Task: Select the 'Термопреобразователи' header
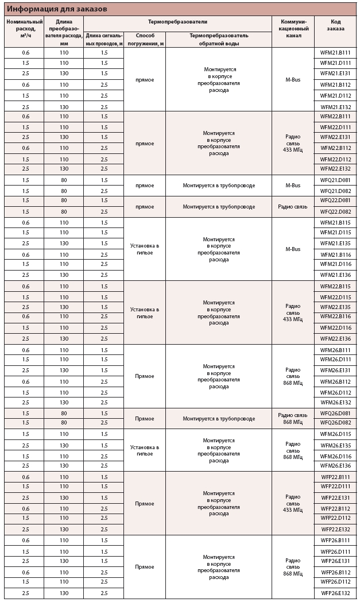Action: [177, 21]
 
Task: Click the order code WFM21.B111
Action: [336, 52]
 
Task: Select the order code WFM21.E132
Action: [336, 107]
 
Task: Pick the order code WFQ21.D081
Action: [336, 180]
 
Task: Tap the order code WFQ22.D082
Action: [336, 212]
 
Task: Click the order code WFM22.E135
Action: [336, 307]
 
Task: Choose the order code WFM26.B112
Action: [336, 382]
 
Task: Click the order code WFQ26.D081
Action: [336, 413]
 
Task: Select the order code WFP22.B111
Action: [336, 477]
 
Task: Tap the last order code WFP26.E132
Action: [336, 593]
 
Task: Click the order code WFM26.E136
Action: [336, 466]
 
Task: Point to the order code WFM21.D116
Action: [336, 264]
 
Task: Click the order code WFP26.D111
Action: [336, 551]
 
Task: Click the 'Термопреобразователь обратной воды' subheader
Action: [219, 39]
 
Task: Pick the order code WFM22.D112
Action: [336, 159]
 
